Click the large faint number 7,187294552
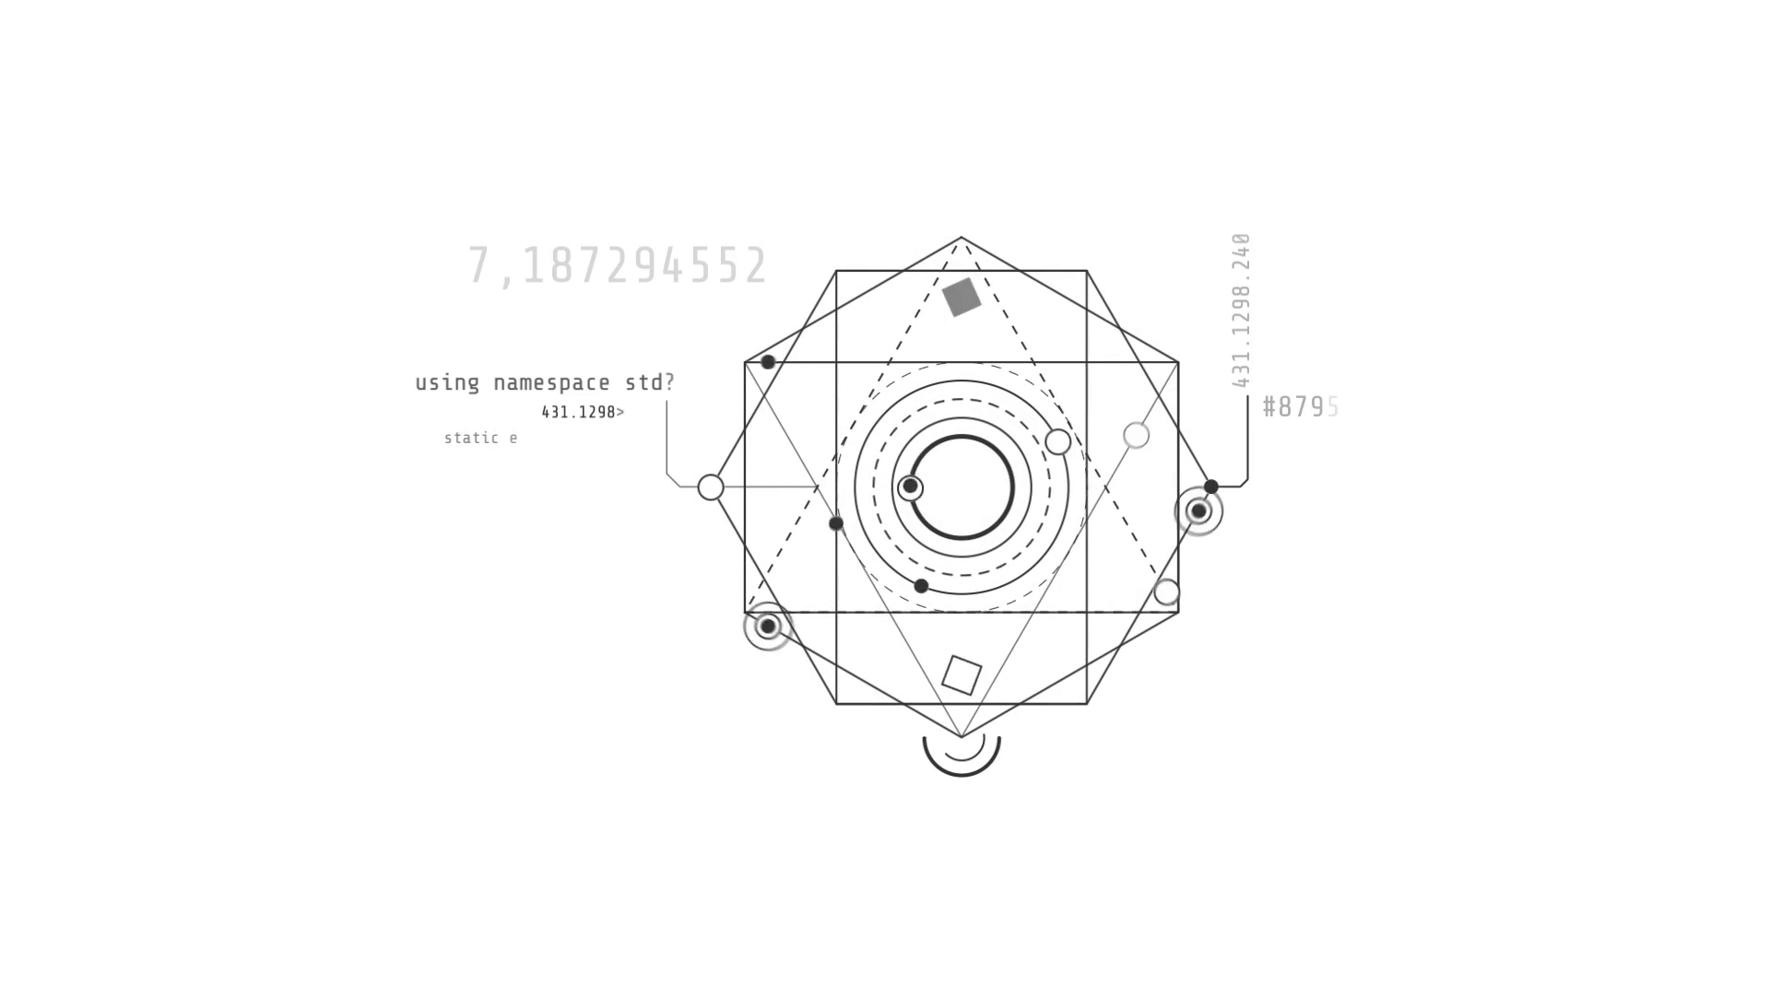click(618, 266)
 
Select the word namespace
click(551, 382)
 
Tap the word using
click(447, 383)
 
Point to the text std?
click(650, 382)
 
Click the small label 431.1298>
click(583, 412)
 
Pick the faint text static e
click(480, 438)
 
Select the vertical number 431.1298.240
click(1241, 310)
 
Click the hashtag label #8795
click(1300, 407)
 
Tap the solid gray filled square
click(962, 297)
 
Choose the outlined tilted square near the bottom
click(962, 675)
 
